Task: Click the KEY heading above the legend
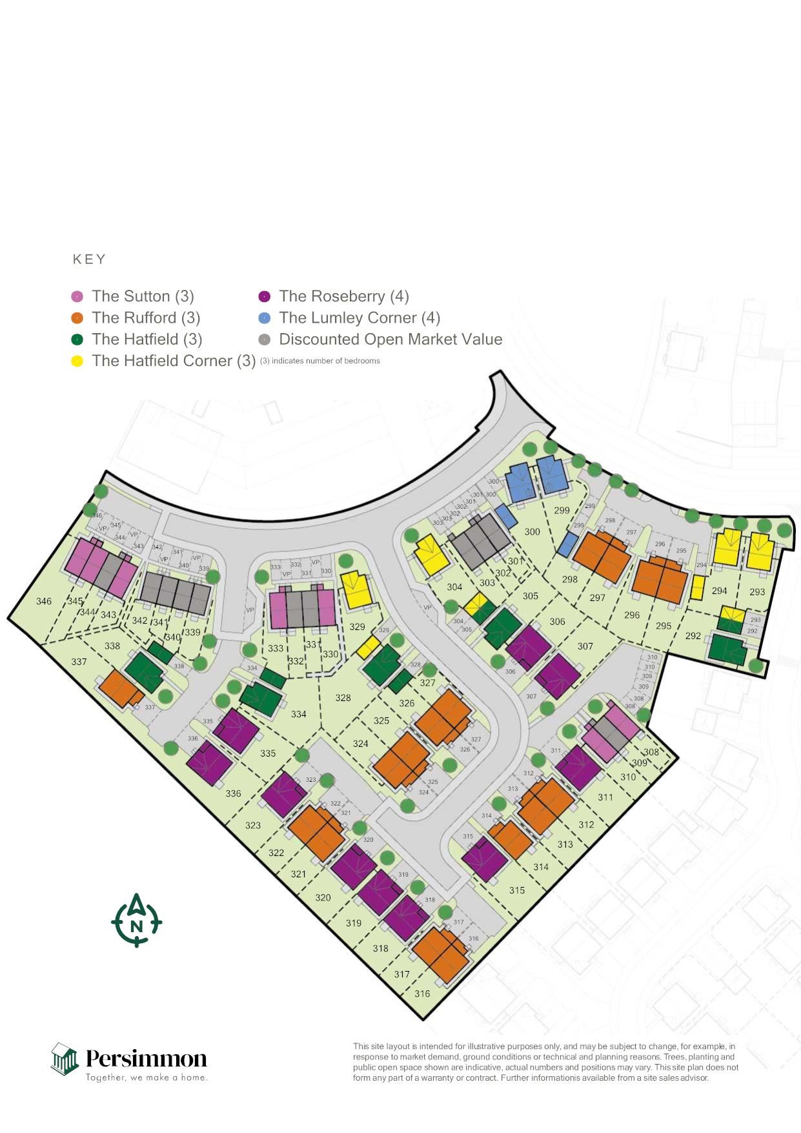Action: (x=89, y=260)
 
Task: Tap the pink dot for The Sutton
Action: (x=77, y=296)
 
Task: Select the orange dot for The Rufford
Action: (x=77, y=318)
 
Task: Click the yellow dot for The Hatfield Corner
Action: (x=77, y=361)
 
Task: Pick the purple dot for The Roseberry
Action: (x=264, y=296)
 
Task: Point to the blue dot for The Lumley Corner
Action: (x=264, y=318)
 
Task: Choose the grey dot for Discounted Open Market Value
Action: (x=264, y=340)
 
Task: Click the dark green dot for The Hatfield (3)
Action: (x=77, y=340)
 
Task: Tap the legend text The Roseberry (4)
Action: (x=344, y=296)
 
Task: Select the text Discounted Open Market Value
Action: (x=390, y=340)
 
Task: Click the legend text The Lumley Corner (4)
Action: (x=360, y=318)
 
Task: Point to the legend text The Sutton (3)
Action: (x=143, y=296)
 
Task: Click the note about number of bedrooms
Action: (x=320, y=361)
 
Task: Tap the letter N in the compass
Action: (x=137, y=926)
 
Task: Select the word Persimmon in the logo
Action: (x=147, y=1059)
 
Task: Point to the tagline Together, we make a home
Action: (x=147, y=1077)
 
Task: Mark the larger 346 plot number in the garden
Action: (x=44, y=602)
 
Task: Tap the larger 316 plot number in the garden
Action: (x=422, y=994)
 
